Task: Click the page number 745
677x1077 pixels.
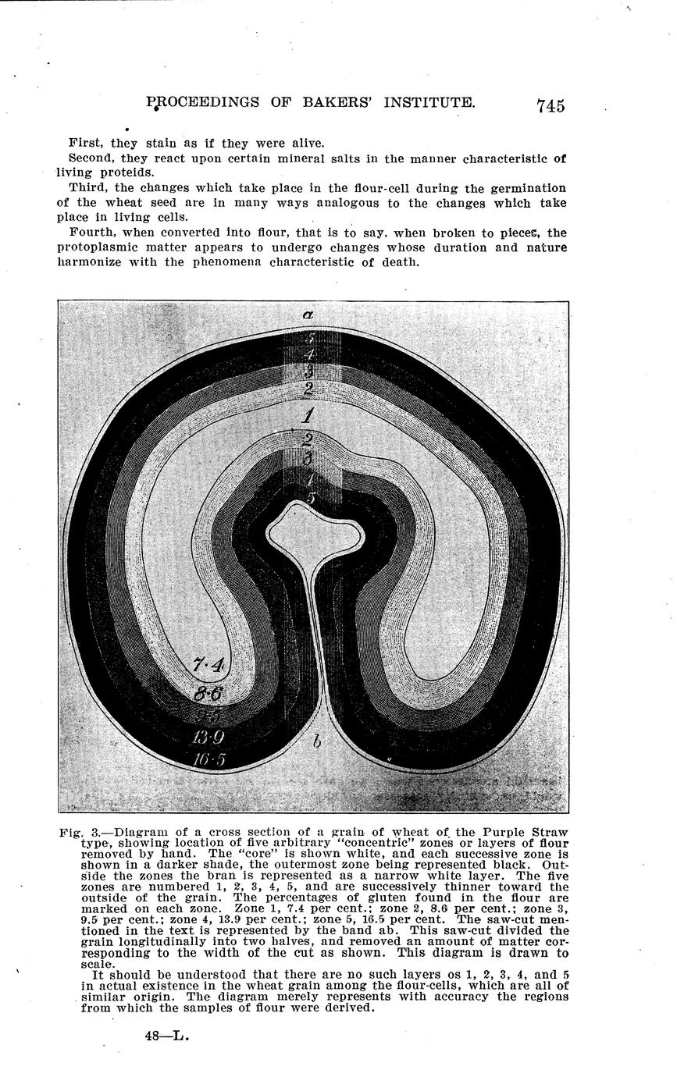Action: (550, 106)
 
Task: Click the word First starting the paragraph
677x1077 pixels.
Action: (86, 143)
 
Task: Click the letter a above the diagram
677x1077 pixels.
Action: (308, 315)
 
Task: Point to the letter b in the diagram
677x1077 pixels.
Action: (317, 741)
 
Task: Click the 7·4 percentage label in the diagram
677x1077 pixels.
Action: (208, 665)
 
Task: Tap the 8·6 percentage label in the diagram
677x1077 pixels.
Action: (208, 692)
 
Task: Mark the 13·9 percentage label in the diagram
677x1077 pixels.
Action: (209, 737)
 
